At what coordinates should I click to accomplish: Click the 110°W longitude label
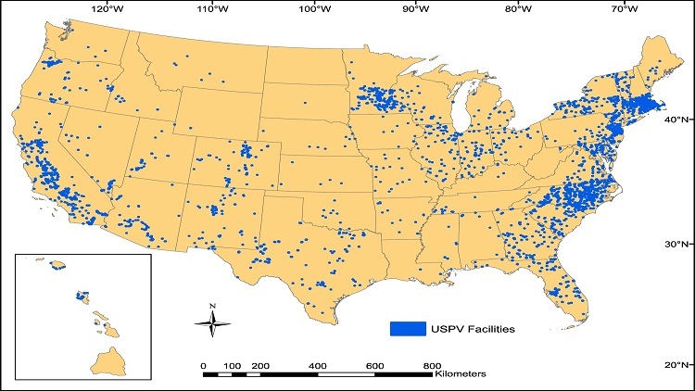point(214,10)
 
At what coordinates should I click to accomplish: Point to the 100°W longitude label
point(315,10)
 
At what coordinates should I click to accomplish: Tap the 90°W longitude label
point(417,10)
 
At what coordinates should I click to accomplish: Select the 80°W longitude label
point(520,10)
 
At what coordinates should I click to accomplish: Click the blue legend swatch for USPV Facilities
point(407,329)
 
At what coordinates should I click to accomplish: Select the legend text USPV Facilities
point(470,329)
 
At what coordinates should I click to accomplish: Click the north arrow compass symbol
point(212,322)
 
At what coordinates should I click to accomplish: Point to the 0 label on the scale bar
point(203,366)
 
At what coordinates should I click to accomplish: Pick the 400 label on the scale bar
point(317,366)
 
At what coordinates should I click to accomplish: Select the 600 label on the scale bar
point(375,366)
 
